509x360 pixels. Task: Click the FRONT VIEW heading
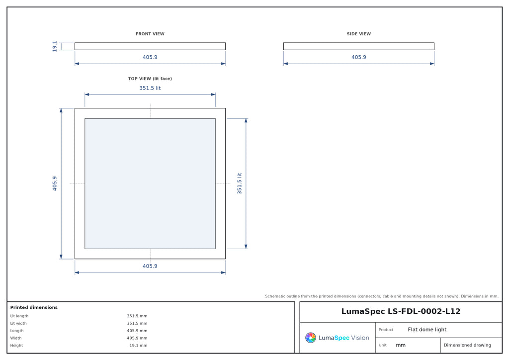pyautogui.click(x=150, y=34)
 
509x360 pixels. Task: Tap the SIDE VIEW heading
pyautogui.click(x=359, y=34)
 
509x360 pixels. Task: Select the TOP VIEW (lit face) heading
pyautogui.click(x=150, y=79)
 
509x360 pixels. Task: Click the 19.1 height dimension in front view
pyautogui.click(x=55, y=46)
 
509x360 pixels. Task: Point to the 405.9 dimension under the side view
pyautogui.click(x=359, y=57)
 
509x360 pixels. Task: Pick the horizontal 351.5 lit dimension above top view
pyautogui.click(x=150, y=88)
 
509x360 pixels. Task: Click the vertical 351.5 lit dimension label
pyautogui.click(x=239, y=183)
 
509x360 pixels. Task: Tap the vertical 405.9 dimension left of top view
pyautogui.click(x=55, y=183)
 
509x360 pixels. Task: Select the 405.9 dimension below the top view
pyautogui.click(x=150, y=266)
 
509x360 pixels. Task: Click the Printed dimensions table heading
pyautogui.click(x=34, y=307)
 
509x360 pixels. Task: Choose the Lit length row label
pyautogui.click(x=19, y=316)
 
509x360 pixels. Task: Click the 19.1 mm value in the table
pyautogui.click(x=138, y=346)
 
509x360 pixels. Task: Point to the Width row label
pyautogui.click(x=15, y=338)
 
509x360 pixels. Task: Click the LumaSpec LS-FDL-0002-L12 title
pyautogui.click(x=401, y=311)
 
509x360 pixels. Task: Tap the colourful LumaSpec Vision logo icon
pyautogui.click(x=311, y=338)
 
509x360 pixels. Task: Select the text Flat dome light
pyautogui.click(x=427, y=330)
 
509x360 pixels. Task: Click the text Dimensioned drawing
pyautogui.click(x=467, y=345)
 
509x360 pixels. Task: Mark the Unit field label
pyautogui.click(x=382, y=345)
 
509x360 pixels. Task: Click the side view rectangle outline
pyautogui.click(x=359, y=43)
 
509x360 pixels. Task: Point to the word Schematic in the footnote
pyautogui.click(x=275, y=296)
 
